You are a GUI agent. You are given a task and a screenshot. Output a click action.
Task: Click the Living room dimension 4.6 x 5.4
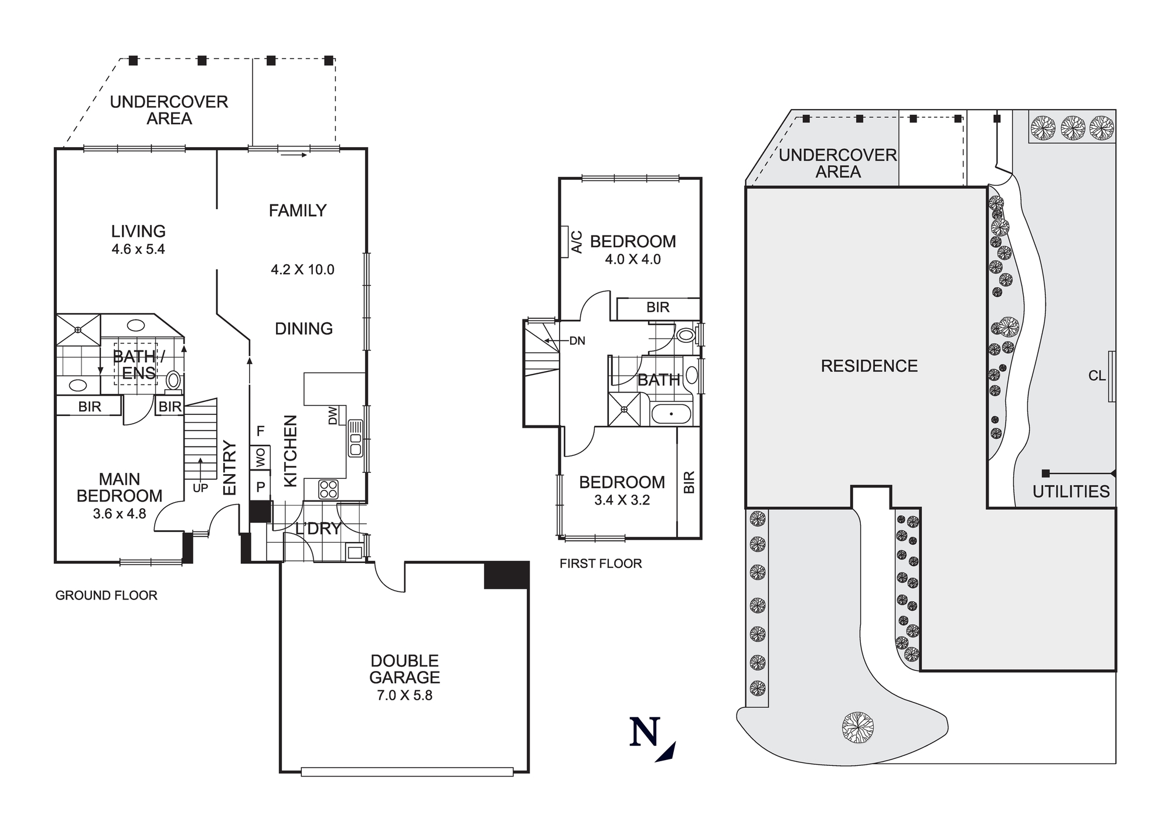coord(138,250)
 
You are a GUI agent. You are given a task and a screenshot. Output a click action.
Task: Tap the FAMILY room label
coord(297,210)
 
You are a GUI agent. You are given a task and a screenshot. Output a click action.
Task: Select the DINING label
coord(304,329)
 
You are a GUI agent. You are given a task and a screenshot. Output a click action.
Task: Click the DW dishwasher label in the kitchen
coord(333,415)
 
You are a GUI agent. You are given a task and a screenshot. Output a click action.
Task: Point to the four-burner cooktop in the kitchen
coord(328,489)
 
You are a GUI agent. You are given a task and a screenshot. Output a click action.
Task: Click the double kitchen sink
coord(355,438)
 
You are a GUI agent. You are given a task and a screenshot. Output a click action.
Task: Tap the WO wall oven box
coord(260,457)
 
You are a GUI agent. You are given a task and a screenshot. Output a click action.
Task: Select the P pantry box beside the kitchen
coord(260,486)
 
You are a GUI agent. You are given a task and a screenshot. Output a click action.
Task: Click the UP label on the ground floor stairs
coord(200,488)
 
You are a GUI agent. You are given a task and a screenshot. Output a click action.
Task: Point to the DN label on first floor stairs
coord(577,341)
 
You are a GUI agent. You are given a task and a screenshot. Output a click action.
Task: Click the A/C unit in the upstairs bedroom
coord(565,242)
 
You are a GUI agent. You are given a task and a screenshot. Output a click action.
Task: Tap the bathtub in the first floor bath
coord(672,414)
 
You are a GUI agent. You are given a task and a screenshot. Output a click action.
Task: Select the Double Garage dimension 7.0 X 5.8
coord(404,696)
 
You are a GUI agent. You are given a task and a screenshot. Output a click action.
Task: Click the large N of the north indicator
coord(645,732)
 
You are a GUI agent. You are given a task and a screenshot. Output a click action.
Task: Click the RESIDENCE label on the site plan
coord(869,366)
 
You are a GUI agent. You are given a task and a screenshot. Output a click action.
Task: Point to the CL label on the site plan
coord(1096,376)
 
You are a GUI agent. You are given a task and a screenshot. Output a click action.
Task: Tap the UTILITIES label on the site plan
coord(1071,492)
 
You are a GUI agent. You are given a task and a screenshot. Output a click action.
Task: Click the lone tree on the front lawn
coord(858,727)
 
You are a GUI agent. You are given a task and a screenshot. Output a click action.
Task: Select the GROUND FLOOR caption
coord(106,595)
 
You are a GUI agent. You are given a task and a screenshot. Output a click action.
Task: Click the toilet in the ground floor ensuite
coord(173,380)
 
